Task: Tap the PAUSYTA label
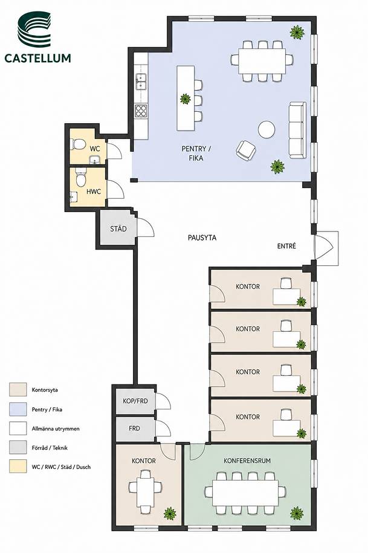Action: tap(202, 238)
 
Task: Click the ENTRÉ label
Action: tap(286, 246)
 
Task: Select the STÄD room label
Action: tap(118, 229)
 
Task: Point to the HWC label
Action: tap(94, 192)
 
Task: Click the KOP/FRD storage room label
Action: tap(135, 401)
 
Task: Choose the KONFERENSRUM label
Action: tap(247, 461)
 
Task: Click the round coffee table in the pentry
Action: tap(266, 129)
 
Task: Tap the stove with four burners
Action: tap(141, 111)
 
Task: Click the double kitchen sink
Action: tap(141, 81)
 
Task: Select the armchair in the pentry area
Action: tap(246, 149)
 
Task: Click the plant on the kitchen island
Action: tap(186, 99)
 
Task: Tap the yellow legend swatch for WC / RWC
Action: tap(18, 467)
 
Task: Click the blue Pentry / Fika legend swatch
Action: tap(18, 409)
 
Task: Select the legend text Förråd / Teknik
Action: tap(50, 448)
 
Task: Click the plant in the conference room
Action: tap(297, 513)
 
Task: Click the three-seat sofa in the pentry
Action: tap(297, 130)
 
